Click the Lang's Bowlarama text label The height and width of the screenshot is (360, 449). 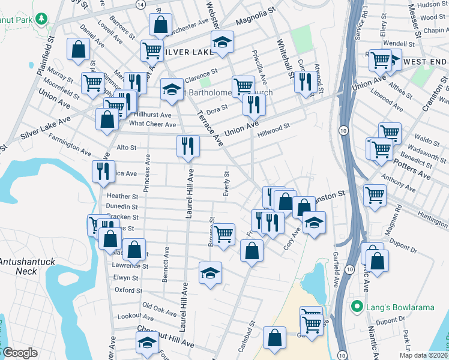click(x=400, y=307)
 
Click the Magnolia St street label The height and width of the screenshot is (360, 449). click(x=255, y=25)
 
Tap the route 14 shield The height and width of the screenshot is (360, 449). click(x=140, y=4)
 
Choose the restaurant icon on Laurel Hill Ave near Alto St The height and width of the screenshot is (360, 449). click(x=188, y=146)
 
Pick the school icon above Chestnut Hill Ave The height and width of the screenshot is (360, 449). click(x=146, y=343)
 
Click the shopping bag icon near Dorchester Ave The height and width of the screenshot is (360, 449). click(x=160, y=26)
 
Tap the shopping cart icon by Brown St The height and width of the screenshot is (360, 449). click(x=224, y=233)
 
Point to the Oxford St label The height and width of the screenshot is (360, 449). click(x=128, y=290)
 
